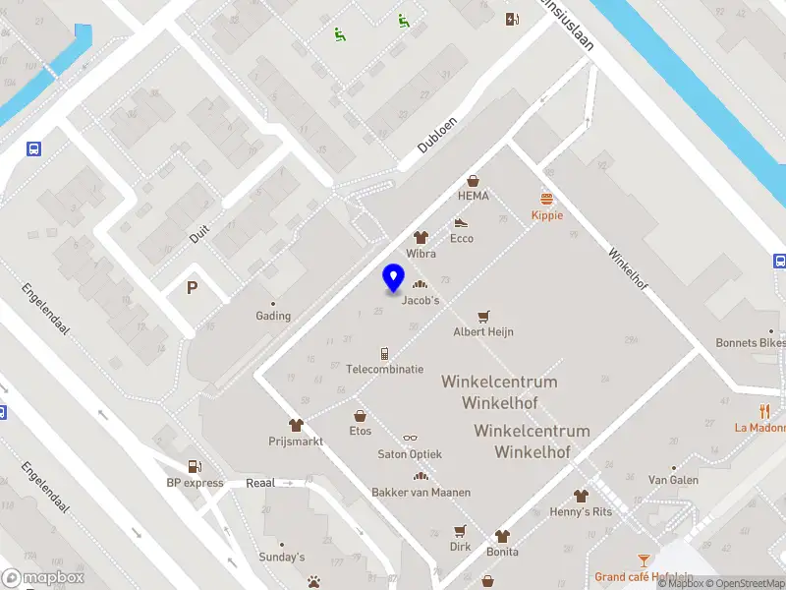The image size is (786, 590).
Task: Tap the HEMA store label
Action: (x=474, y=196)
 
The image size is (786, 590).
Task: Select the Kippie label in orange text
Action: (x=546, y=215)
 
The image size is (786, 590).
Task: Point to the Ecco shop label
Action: (x=462, y=238)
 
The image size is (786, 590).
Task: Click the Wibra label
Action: (x=421, y=253)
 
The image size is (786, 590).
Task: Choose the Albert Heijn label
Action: (x=483, y=331)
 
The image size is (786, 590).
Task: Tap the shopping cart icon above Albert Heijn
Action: (x=482, y=316)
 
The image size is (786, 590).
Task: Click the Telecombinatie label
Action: (x=385, y=369)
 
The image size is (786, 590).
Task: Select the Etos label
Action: (x=361, y=431)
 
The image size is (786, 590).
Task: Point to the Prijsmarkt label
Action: (x=296, y=441)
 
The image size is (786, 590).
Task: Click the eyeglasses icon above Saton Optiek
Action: (x=410, y=439)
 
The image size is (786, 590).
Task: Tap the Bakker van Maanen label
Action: (x=421, y=492)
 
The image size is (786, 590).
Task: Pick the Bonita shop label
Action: (x=503, y=552)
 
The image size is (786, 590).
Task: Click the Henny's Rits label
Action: (x=581, y=511)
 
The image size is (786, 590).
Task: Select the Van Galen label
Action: (x=674, y=480)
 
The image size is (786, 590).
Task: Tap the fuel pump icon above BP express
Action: (x=195, y=467)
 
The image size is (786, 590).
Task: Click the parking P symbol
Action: (x=193, y=287)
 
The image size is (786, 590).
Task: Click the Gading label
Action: (x=273, y=316)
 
